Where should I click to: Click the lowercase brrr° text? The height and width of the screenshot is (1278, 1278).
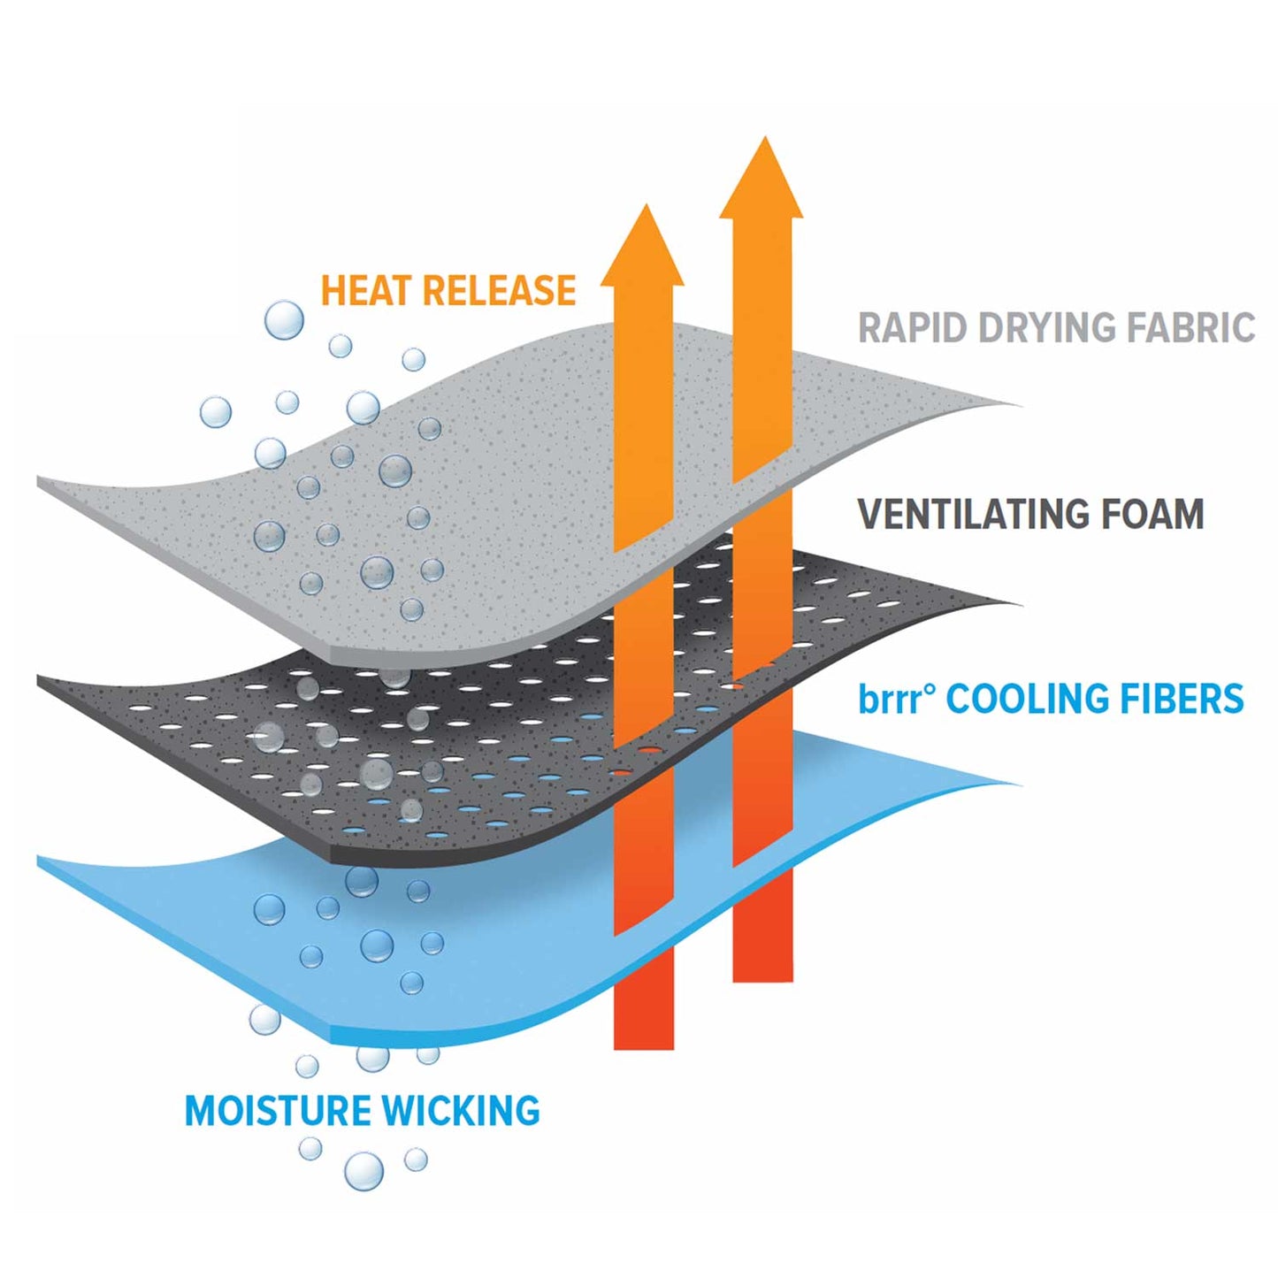(x=895, y=700)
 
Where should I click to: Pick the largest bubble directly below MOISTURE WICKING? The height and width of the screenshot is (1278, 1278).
(x=364, y=1171)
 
